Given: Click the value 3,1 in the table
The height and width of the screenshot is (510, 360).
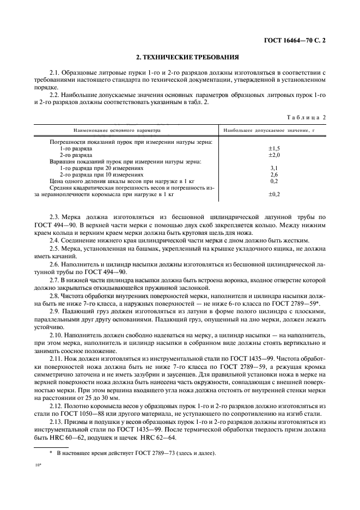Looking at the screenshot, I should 274,168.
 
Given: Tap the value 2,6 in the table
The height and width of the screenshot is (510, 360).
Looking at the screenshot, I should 274,174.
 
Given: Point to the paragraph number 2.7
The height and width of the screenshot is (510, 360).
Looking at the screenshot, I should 56,280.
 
